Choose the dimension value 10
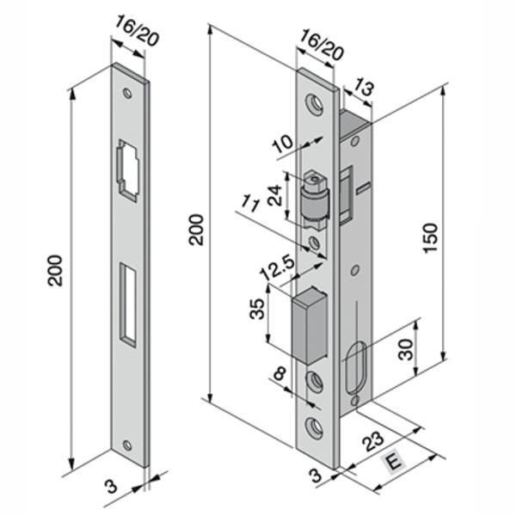(281, 145)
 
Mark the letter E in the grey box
(394, 464)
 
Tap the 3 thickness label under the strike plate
(110, 486)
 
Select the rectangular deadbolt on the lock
(311, 326)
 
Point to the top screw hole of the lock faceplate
(316, 103)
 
